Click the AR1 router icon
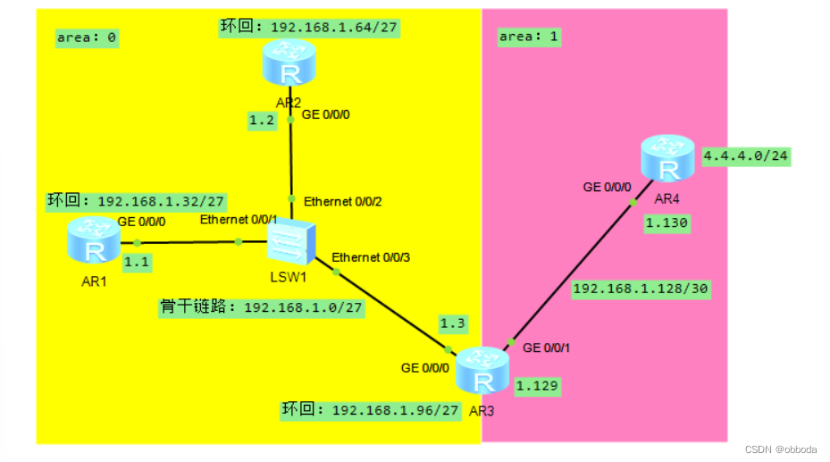[94, 239]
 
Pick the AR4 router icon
[667, 158]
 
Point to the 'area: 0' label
[87, 38]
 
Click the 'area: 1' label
[530, 37]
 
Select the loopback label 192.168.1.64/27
[309, 27]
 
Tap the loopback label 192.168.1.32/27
[136, 201]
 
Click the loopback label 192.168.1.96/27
[371, 410]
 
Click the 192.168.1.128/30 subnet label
[641, 290]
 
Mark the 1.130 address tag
[667, 224]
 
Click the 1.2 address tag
[263, 121]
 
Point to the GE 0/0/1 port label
[547, 347]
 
